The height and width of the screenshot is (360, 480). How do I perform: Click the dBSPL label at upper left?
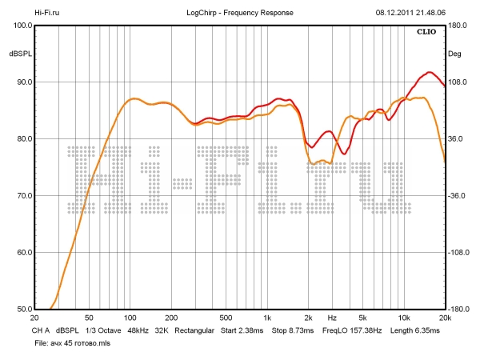point(20,54)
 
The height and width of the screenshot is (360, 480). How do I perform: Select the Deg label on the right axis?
point(454,54)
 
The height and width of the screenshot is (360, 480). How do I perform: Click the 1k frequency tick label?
point(267,318)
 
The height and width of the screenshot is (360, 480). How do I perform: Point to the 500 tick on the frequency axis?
point(226,318)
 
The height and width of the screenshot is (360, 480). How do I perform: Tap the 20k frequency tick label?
point(445,318)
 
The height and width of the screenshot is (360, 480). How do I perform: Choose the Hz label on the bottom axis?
point(331,318)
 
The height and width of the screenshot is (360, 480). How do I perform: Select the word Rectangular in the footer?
point(196,330)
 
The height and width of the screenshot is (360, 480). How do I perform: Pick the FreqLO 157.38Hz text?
point(352,330)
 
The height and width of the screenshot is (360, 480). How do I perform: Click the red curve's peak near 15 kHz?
point(430,73)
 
